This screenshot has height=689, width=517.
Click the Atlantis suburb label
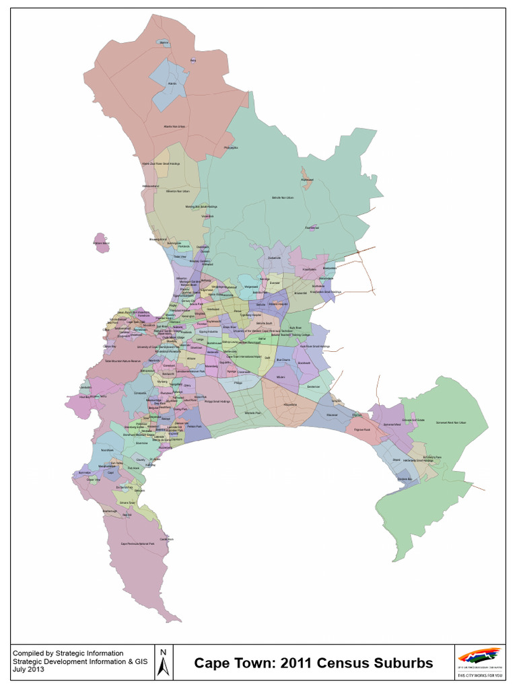coord(172,83)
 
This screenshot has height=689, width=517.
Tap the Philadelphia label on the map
coord(231,147)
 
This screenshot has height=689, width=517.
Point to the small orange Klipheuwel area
coord(307,180)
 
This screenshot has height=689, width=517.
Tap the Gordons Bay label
coord(405,478)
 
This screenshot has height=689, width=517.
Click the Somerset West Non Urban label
coord(451,422)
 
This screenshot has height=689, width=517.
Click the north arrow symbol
coord(162,662)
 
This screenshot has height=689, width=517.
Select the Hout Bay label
coord(84,397)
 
